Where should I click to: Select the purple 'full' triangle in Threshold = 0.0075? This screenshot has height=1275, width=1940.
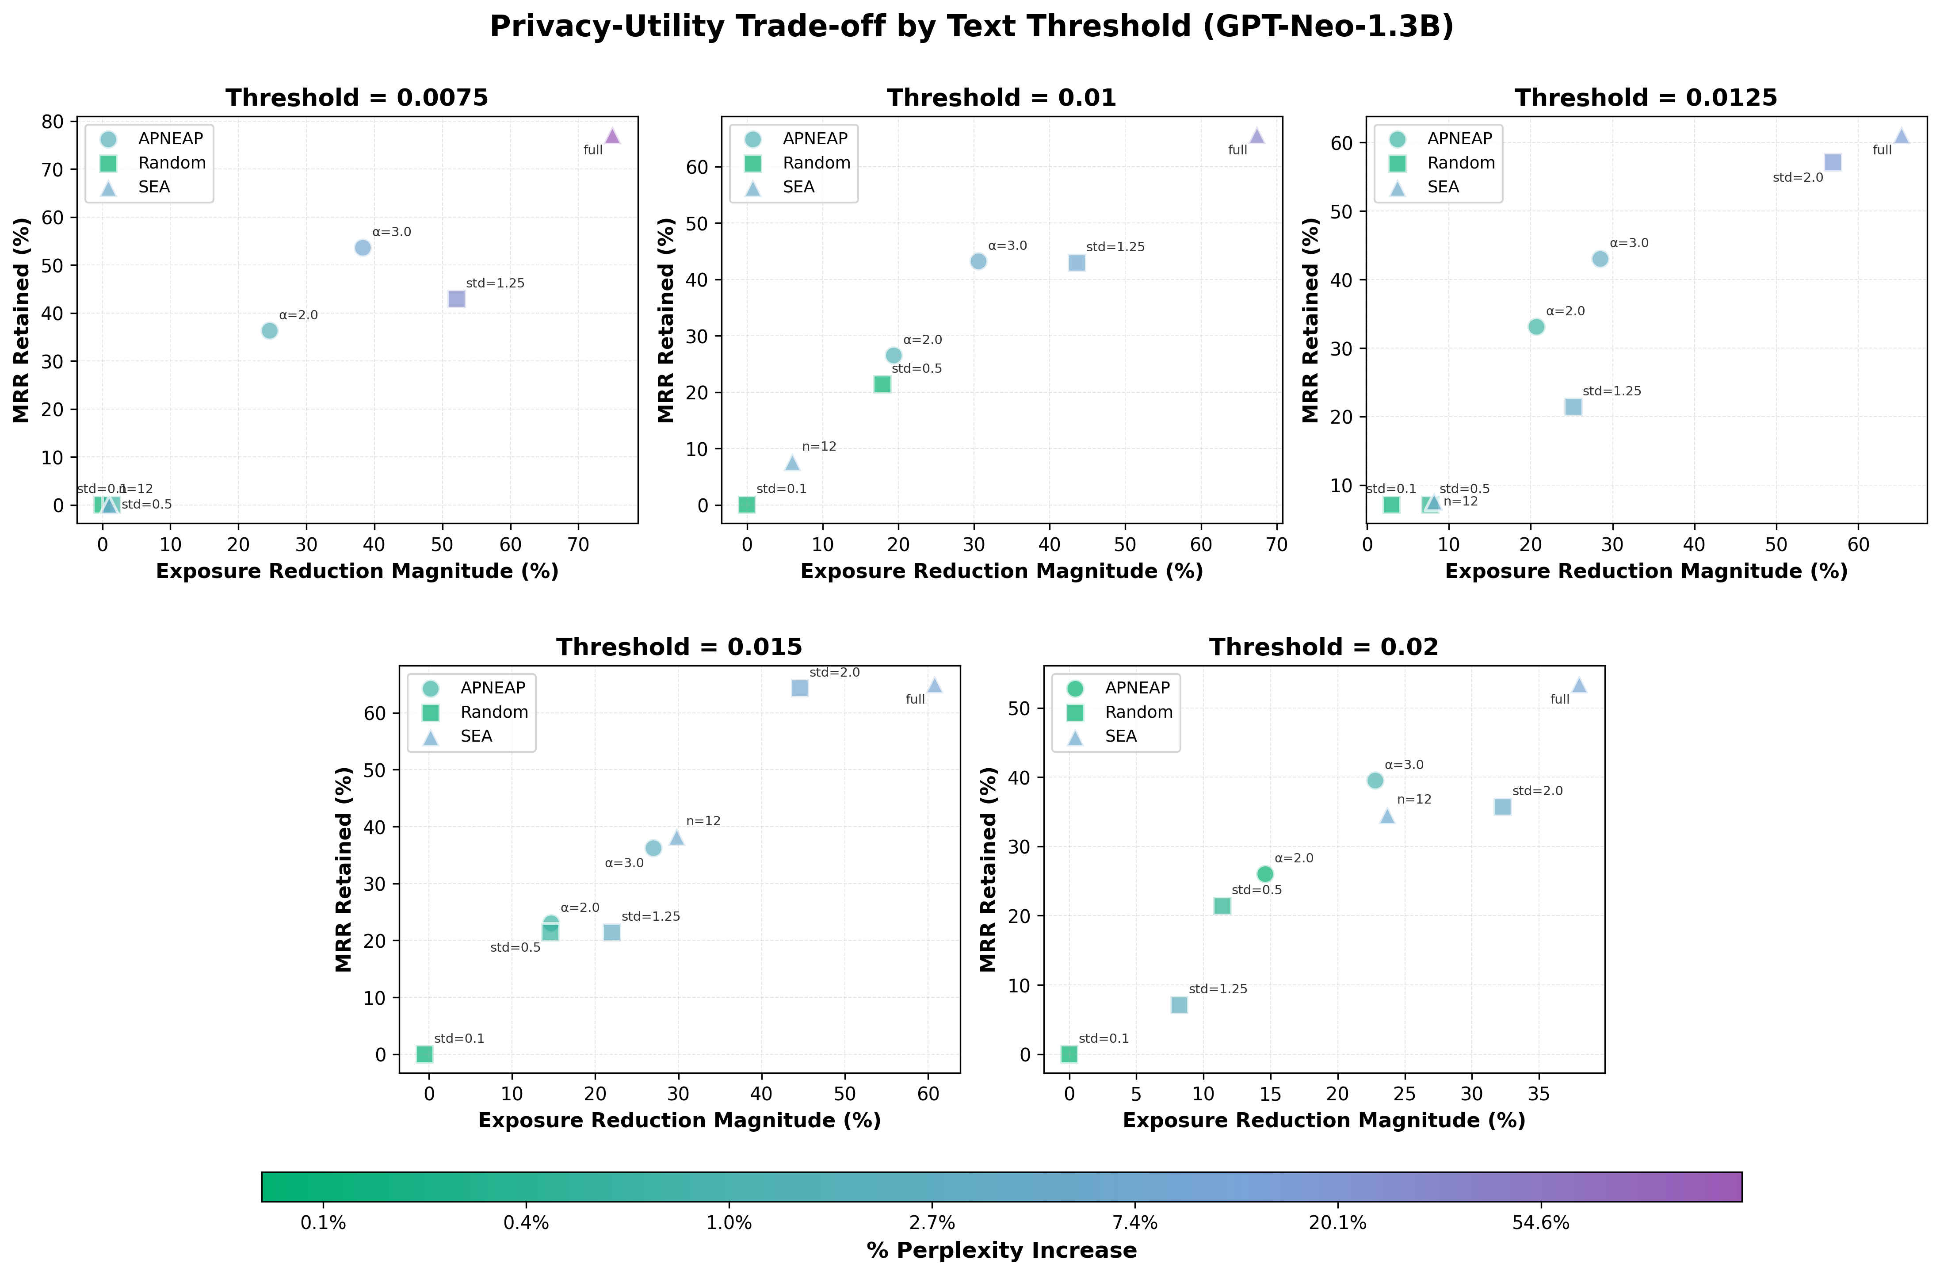(612, 135)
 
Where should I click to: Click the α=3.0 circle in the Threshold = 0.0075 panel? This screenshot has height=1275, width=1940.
(363, 248)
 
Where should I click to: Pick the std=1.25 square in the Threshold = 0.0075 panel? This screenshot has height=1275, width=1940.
(456, 299)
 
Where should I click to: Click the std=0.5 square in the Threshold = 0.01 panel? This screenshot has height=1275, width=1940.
(882, 384)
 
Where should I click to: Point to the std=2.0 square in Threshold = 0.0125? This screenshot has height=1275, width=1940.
(1833, 162)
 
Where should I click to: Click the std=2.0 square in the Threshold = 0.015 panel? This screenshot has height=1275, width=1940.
(800, 688)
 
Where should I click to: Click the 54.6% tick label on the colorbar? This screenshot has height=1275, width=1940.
(1541, 1223)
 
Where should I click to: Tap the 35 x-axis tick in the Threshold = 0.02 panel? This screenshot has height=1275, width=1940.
(1538, 1094)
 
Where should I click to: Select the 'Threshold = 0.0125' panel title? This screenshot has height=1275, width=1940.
(1646, 98)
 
